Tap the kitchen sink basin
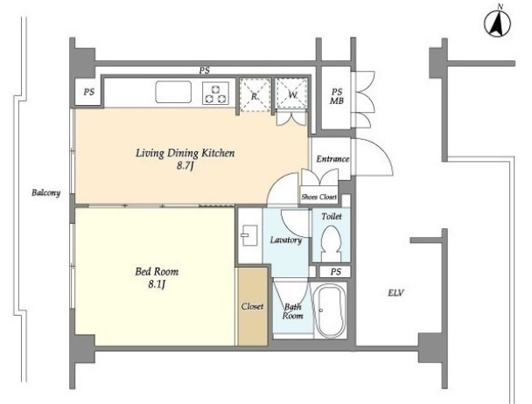tap(173, 92)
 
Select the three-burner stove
tap(215, 94)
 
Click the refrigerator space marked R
tap(255, 95)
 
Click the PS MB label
tap(337, 96)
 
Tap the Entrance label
tap(332, 159)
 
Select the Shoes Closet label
tap(318, 197)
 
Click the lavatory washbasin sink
tap(249, 235)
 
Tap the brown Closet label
tap(252, 306)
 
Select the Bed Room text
tap(157, 271)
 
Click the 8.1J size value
tap(157, 284)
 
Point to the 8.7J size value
tap(185, 166)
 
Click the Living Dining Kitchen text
tap(185, 153)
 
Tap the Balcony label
tap(45, 193)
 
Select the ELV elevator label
tap(396, 292)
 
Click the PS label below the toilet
tap(335, 272)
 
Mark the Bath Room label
tap(293, 311)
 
